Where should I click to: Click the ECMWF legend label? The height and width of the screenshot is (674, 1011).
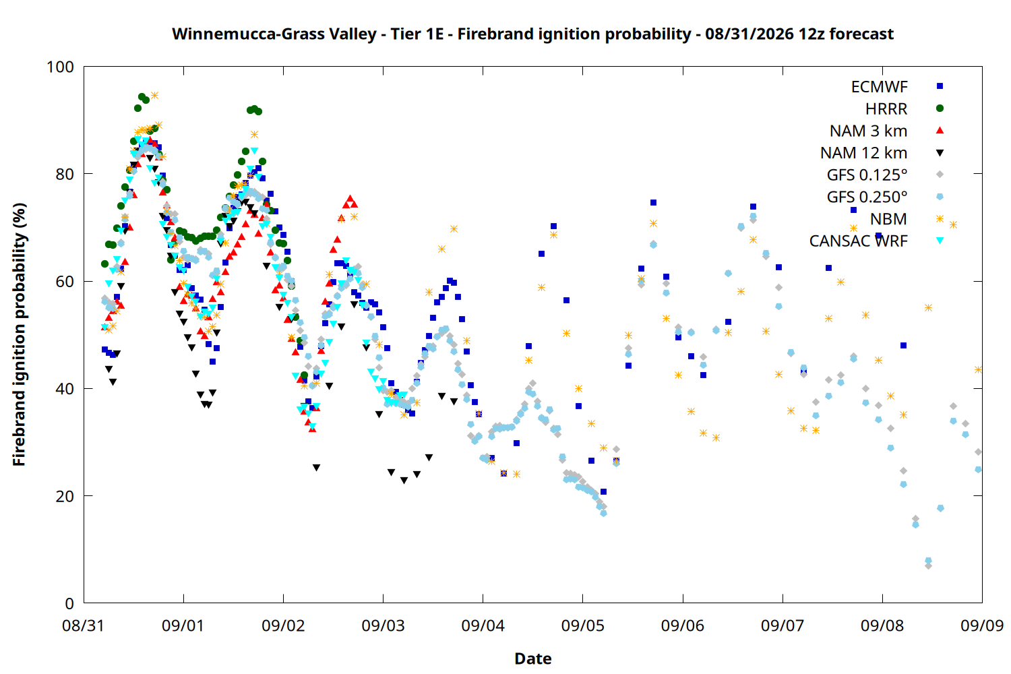(879, 87)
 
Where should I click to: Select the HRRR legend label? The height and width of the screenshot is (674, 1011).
(886, 109)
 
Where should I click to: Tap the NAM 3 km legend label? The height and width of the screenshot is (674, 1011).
(868, 131)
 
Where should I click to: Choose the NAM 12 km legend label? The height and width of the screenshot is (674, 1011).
(864, 153)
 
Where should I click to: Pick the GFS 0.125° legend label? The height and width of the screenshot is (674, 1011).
(867, 175)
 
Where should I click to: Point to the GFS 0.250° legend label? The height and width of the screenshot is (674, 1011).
(867, 197)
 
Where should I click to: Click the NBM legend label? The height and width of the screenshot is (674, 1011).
(889, 219)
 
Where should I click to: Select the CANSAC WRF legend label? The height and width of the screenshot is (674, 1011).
(859, 241)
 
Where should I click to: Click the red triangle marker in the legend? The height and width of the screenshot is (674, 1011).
(940, 131)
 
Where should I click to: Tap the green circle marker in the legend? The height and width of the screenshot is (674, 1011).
(940, 109)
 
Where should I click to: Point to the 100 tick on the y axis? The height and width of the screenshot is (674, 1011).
(84, 67)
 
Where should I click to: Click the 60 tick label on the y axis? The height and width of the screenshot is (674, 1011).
(65, 281)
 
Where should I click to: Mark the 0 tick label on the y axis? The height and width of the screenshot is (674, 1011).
(69, 603)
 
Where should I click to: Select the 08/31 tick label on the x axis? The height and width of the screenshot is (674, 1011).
(84, 625)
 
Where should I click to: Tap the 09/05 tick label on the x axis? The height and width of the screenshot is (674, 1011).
(583, 625)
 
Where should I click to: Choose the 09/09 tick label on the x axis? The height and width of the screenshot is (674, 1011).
(982, 625)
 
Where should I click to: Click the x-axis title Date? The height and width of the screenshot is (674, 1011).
(533, 658)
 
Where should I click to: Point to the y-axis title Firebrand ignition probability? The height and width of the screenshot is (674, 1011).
(19, 334)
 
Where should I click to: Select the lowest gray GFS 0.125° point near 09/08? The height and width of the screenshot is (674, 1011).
(928, 565)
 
